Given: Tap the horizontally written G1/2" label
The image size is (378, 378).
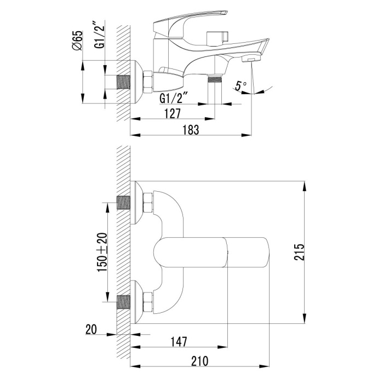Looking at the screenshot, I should (x=175, y=99).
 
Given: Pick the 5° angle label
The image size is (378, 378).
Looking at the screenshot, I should (x=240, y=85).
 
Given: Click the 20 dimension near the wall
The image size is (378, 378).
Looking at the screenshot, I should (x=92, y=329).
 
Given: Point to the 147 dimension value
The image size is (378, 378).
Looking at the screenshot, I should (x=177, y=341).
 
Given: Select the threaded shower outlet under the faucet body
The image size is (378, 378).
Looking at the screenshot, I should (x=214, y=81).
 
